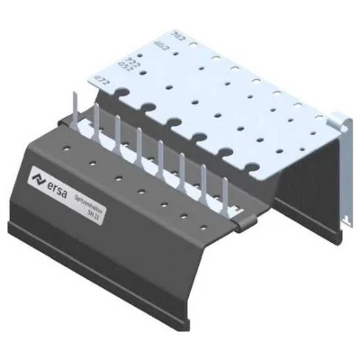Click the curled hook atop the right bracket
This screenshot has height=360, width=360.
point(341,120)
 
